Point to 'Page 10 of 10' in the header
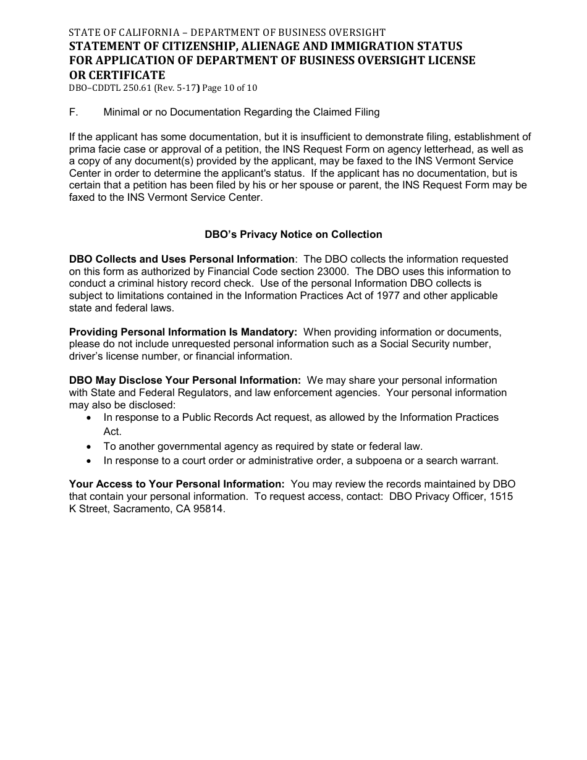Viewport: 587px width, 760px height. pos(229,88)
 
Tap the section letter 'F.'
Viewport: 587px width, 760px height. pos(74,112)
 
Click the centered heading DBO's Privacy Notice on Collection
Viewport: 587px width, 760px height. pos(293,234)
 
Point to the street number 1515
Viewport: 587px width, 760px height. pos(502,497)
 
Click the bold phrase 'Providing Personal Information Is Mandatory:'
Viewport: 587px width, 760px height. pos(183,332)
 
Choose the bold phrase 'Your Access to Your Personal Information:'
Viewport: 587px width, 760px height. pos(177,484)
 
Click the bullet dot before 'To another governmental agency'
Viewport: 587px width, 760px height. pos(90,446)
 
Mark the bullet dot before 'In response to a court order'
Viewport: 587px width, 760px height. pos(90,460)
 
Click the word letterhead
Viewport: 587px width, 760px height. pos(454,149)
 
